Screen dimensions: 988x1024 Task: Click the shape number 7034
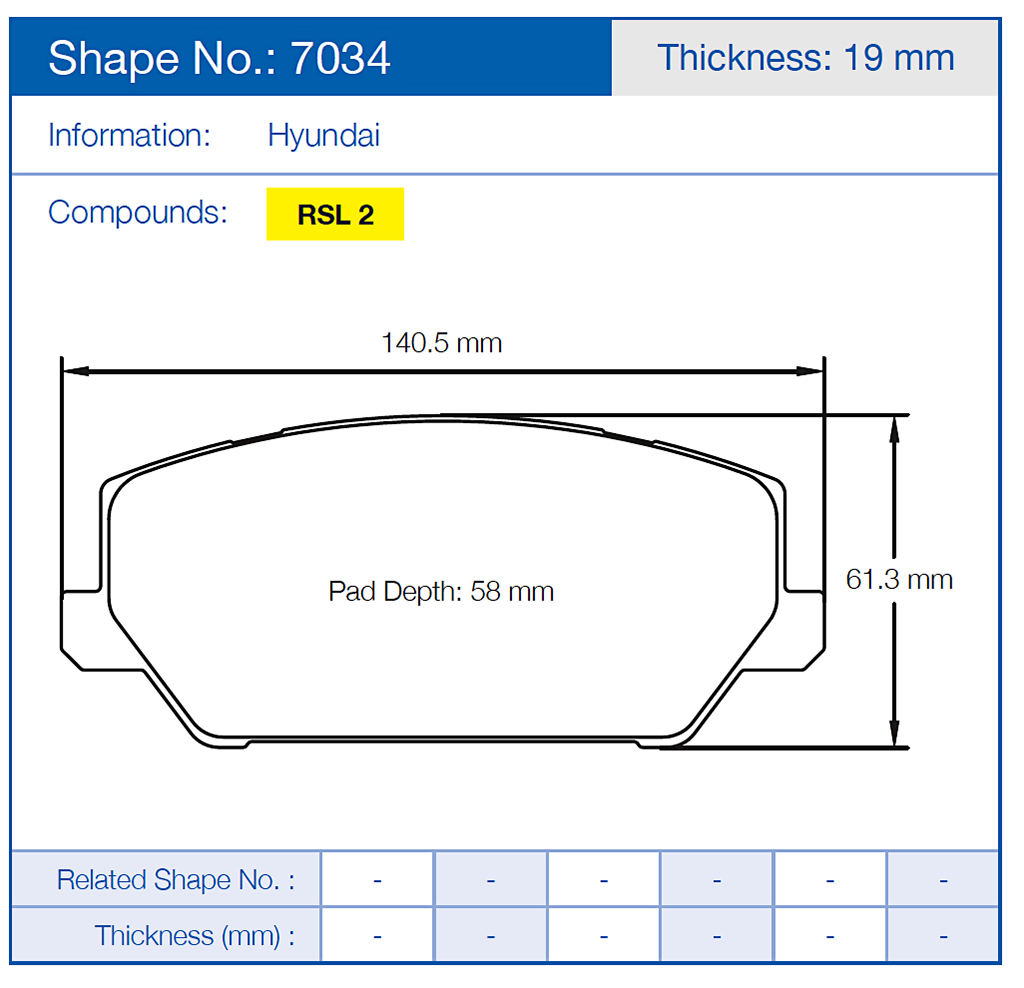point(340,59)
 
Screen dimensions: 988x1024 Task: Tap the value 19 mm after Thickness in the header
point(899,57)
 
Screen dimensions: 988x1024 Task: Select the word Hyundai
point(324,135)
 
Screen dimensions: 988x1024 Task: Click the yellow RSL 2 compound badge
point(335,214)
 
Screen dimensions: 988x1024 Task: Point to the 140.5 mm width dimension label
point(441,343)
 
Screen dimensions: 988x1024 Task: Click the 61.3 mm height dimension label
point(899,579)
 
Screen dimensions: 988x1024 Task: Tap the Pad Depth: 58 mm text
point(441,591)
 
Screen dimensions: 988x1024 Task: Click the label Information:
point(130,135)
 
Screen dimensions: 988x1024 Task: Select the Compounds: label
point(138,212)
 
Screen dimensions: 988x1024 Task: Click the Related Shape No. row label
point(176,880)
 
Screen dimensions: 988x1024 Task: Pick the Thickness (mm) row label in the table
point(195,936)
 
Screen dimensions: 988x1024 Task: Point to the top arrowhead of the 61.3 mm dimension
point(895,426)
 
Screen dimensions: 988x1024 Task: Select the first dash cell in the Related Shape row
point(377,880)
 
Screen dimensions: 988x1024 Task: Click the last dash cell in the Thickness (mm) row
point(943,936)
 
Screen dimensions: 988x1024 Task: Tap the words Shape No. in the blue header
point(164,59)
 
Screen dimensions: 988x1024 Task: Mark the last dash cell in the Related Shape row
point(943,880)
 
